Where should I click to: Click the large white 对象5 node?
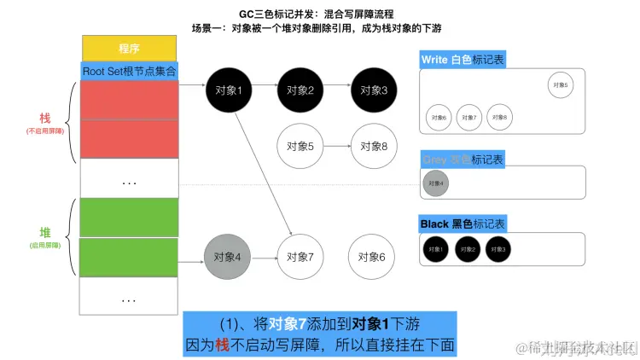(x=300, y=146)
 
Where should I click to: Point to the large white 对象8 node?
(x=373, y=146)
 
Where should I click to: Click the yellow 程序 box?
(x=129, y=48)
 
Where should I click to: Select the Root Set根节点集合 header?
(x=129, y=70)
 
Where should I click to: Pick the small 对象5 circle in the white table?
(x=560, y=84)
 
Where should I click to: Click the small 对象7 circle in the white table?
(x=468, y=117)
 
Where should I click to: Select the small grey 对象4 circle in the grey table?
(x=435, y=183)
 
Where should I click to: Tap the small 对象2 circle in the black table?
(x=468, y=249)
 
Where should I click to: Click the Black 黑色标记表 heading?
(x=462, y=224)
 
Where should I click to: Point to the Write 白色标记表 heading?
(x=462, y=61)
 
